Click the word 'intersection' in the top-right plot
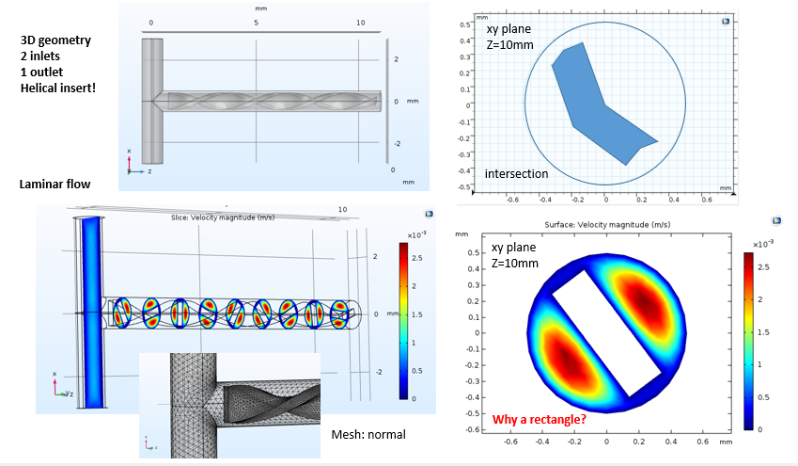516,174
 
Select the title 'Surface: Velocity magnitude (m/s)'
607,225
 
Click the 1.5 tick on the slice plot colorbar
415,314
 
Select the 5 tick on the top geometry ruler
257,22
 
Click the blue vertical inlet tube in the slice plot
90,311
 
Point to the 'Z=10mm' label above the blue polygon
508,44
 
